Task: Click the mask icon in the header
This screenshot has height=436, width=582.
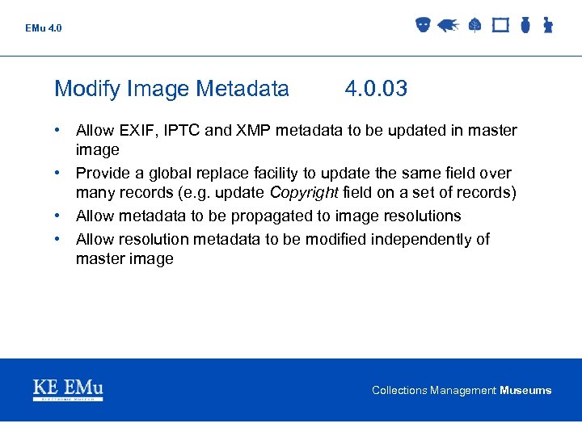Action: click(x=422, y=25)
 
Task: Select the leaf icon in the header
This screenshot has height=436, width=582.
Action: click(x=474, y=25)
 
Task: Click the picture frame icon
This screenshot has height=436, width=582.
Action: click(x=500, y=25)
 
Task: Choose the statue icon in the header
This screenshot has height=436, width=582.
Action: click(x=547, y=25)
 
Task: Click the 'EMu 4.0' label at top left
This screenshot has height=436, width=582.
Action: click(x=43, y=28)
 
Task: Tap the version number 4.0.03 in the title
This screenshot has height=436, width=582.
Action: click(x=376, y=89)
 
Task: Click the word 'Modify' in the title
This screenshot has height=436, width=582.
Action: click(x=86, y=89)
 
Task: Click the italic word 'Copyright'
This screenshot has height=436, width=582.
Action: click(x=304, y=192)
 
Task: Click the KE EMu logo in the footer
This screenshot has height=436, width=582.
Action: click(x=68, y=389)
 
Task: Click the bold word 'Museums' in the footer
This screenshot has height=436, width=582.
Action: click(x=525, y=391)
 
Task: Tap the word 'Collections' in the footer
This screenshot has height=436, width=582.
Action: click(x=399, y=391)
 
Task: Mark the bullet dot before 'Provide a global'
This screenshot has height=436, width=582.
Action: click(x=60, y=174)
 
